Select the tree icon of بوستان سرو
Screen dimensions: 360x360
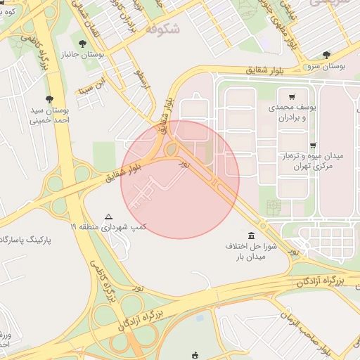coord(327,54)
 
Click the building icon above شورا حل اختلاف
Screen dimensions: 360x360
coord(252,234)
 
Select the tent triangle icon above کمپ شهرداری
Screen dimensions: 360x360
coord(108,217)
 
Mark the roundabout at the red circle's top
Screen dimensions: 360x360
coord(171,149)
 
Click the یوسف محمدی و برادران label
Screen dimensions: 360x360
coord(290,112)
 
